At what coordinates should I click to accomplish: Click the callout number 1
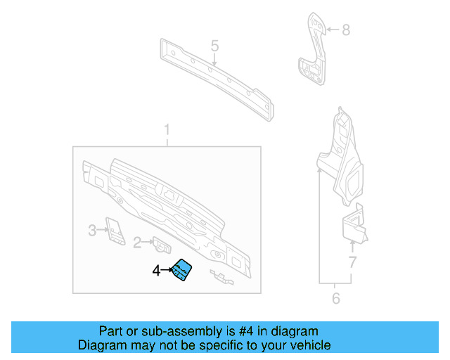click(167, 130)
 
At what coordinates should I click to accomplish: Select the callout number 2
click(138, 243)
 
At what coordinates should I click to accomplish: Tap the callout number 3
click(92, 230)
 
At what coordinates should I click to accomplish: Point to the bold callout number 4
click(157, 269)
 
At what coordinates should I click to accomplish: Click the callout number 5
click(215, 46)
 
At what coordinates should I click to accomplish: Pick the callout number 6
click(335, 299)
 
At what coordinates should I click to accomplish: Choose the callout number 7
click(353, 264)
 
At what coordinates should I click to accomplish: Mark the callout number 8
click(345, 30)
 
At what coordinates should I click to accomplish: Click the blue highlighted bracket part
click(183, 270)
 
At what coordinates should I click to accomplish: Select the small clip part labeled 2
click(162, 245)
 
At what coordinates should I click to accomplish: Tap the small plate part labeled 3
click(113, 229)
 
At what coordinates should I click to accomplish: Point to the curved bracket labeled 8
click(311, 53)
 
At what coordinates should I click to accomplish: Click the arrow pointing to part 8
click(332, 30)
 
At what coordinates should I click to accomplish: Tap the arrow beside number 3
click(102, 230)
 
